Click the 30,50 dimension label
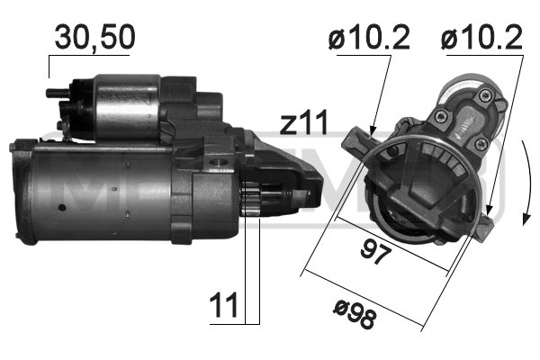coord(94,37)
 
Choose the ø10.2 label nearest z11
coord(370,39)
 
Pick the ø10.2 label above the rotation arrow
coord(483,39)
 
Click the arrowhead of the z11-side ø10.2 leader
coord(373,134)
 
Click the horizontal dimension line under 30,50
coord(90,57)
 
